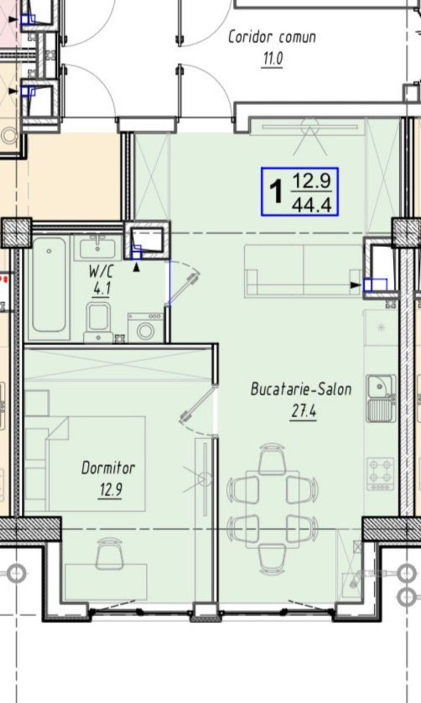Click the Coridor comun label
click(x=272, y=37)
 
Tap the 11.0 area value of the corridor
click(x=273, y=59)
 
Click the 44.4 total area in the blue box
click(x=312, y=205)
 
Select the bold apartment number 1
click(x=276, y=192)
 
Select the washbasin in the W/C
click(x=98, y=248)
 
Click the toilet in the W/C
click(x=98, y=322)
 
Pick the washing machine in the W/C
click(x=146, y=327)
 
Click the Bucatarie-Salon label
click(x=301, y=389)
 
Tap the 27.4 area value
click(x=304, y=411)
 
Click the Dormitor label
click(x=108, y=468)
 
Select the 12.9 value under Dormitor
click(x=111, y=490)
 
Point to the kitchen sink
click(x=381, y=398)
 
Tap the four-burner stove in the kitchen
click(x=381, y=474)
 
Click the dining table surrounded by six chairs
click(x=272, y=509)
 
